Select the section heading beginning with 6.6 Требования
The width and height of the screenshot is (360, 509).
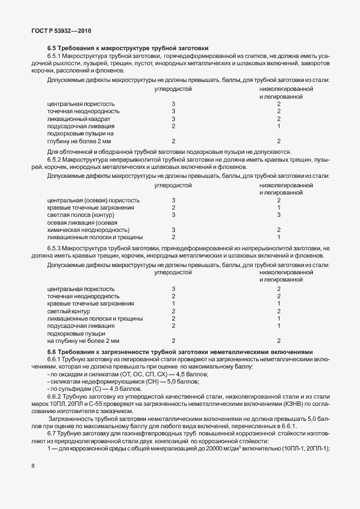pyautogui.click(x=181, y=352)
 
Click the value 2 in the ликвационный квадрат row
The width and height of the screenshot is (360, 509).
pyautogui.click(x=279, y=119)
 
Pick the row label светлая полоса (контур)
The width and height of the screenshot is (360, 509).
pyautogui.click(x=81, y=215)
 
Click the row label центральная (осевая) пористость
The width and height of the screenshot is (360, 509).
pyautogui.click(x=94, y=200)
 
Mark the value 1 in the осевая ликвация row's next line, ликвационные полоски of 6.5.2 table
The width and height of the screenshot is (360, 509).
pyautogui.click(x=279, y=237)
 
